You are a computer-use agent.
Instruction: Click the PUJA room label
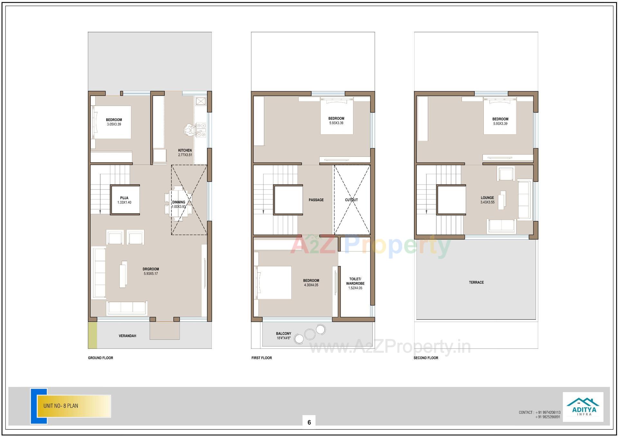tap(124, 198)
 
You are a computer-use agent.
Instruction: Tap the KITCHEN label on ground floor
tap(185, 150)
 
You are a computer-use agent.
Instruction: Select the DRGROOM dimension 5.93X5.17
tap(151, 274)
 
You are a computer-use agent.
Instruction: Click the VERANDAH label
tap(127, 336)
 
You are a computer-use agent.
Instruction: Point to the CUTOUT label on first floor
tap(351, 200)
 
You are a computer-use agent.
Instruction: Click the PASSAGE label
tap(316, 200)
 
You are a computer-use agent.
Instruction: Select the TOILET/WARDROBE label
tap(355, 281)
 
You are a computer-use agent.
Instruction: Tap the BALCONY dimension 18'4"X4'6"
tap(283, 338)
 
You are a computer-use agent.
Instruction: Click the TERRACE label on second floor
tap(476, 282)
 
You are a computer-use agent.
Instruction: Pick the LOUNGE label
tap(487, 198)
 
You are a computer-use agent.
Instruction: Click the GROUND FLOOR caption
tap(100, 358)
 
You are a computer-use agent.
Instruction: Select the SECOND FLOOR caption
tap(426, 358)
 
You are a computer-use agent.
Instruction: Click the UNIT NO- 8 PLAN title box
tap(74, 406)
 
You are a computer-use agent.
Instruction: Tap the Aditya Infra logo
tap(583, 407)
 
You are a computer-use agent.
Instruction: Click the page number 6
tap(309, 422)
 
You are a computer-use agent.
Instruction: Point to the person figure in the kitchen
tap(189, 130)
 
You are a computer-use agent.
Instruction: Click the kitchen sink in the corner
tap(201, 101)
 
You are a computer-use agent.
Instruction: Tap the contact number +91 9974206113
tap(548, 412)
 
